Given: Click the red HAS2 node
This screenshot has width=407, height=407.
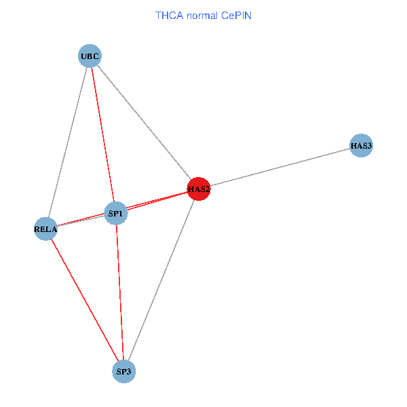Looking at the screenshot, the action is pos(199,189).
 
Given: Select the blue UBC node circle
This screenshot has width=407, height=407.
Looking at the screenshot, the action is pos(90,56).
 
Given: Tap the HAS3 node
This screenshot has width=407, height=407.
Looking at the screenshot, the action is pos(362,146).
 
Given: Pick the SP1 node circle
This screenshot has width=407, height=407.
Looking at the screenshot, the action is pos(116,214).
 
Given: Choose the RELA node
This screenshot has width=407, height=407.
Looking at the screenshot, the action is pos(45,229).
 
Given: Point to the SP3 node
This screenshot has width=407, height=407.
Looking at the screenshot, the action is pos(124,371).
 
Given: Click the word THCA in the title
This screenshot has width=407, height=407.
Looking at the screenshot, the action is pos(169,15).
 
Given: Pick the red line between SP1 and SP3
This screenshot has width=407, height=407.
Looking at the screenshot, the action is pos(120,292).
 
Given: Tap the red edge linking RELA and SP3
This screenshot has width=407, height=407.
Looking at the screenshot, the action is pos(84,299).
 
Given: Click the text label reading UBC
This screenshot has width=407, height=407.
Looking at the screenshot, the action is pos(90,56).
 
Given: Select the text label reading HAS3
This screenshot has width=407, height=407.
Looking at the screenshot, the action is pos(362,146).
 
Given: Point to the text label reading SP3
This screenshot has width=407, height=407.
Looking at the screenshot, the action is pos(124,371).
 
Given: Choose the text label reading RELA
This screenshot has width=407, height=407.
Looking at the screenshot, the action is pos(45,229).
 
